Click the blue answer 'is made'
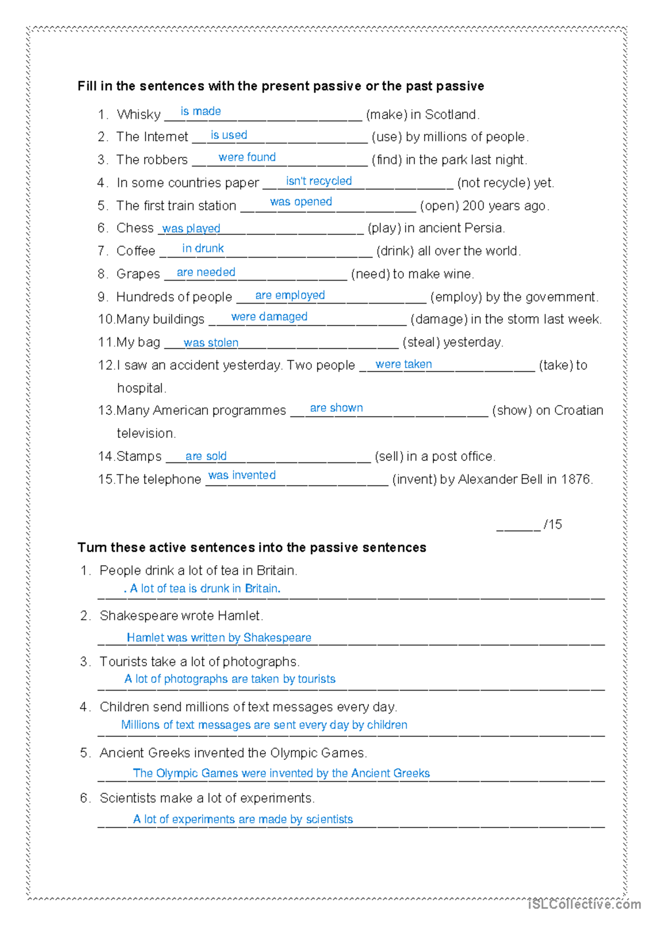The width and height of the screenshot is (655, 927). point(200,111)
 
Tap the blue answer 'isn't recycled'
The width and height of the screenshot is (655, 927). point(319,181)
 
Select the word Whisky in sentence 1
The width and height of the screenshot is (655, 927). point(139,115)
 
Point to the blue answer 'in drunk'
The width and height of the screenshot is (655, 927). point(203,248)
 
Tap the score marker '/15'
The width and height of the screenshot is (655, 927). point(552,525)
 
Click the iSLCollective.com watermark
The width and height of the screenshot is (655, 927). point(584,905)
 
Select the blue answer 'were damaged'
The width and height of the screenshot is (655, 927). point(269,317)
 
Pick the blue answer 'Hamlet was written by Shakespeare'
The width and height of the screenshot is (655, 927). point(219,638)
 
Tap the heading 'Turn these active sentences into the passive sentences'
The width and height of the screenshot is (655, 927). point(252,548)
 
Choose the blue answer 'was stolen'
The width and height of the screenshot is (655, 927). point(211,343)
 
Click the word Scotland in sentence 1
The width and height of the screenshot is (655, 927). point(451,115)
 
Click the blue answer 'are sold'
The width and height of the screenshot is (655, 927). point(206,456)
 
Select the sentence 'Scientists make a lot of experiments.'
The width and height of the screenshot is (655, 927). point(207,798)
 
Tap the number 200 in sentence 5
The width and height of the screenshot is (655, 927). point(473,206)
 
